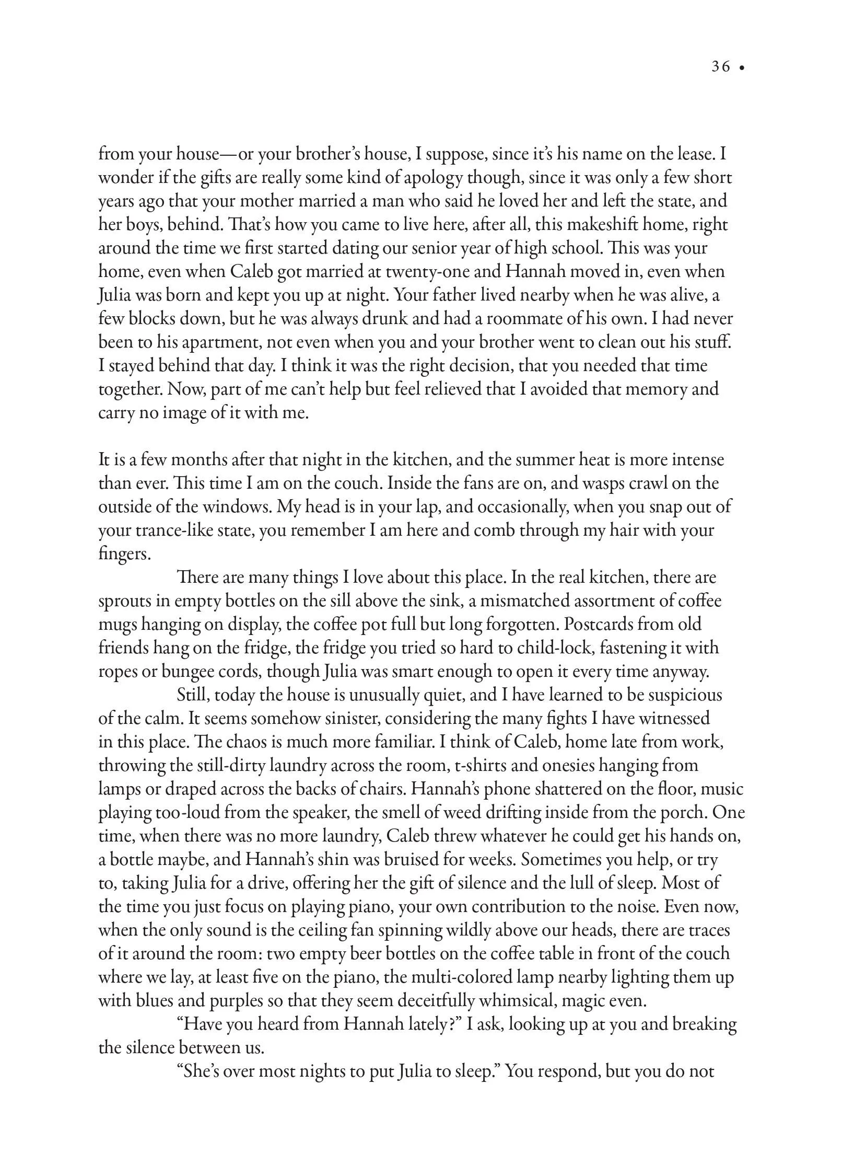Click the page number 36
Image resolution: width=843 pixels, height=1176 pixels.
(721, 67)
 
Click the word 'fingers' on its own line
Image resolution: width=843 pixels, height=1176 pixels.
(124, 554)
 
